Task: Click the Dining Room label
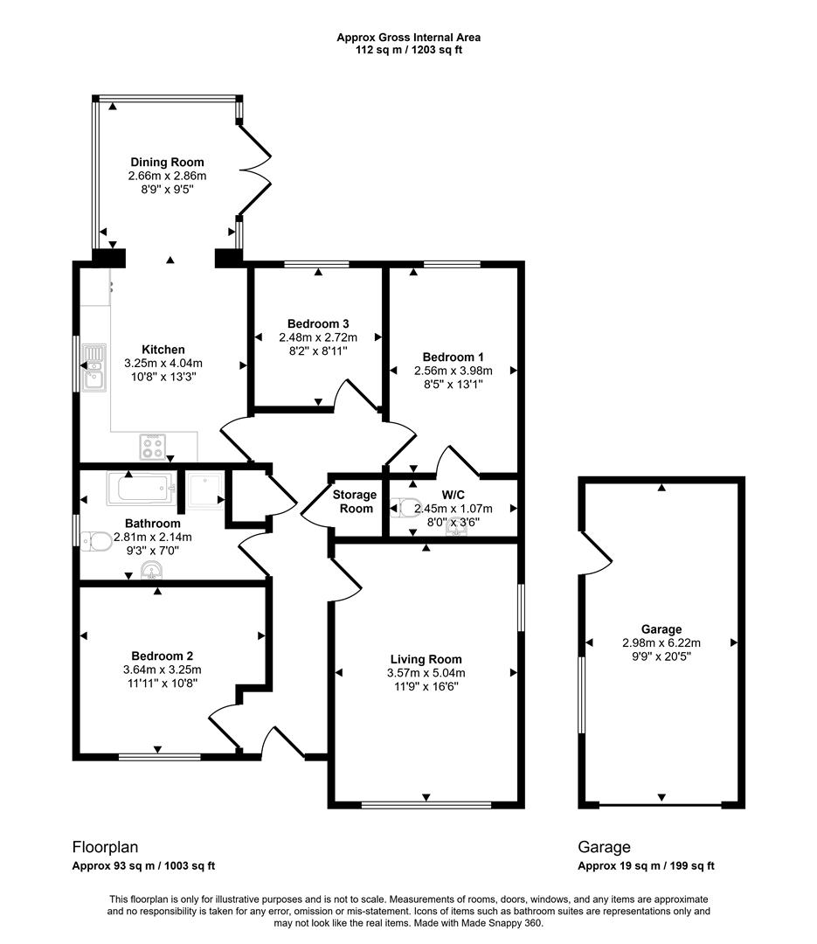click(x=167, y=162)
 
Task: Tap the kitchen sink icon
click(x=93, y=366)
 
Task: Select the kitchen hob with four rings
click(x=154, y=447)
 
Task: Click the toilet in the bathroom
click(x=93, y=542)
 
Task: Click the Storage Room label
click(x=355, y=502)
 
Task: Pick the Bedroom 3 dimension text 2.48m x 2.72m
click(x=318, y=337)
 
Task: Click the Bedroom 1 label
click(x=453, y=357)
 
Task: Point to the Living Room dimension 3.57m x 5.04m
click(x=426, y=673)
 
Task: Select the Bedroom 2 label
click(x=163, y=656)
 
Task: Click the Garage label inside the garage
click(x=661, y=629)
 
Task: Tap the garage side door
click(x=593, y=550)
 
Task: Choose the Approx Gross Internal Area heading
click(x=408, y=37)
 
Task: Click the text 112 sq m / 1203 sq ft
click(x=408, y=50)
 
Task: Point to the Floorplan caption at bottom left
click(x=105, y=847)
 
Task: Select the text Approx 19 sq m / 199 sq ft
click(x=647, y=866)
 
